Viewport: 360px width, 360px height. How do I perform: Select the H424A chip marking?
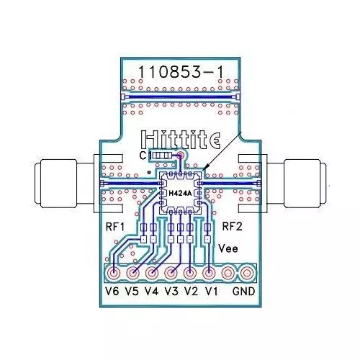click(x=180, y=193)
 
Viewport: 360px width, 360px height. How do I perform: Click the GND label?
click(x=243, y=292)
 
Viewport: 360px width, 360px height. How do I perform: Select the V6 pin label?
click(x=112, y=292)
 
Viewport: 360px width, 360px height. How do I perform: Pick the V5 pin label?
click(x=132, y=292)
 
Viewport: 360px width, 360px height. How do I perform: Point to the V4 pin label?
click(x=151, y=292)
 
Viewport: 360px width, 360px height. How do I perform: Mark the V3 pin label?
click(x=171, y=292)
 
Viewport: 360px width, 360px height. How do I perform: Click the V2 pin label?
click(x=190, y=292)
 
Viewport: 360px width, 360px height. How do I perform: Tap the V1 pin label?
click(x=210, y=292)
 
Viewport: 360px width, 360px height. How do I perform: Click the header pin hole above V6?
click(x=114, y=273)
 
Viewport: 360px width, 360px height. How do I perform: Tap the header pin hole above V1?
click(x=209, y=273)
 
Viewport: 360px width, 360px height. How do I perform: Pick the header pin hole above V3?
click(x=171, y=273)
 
